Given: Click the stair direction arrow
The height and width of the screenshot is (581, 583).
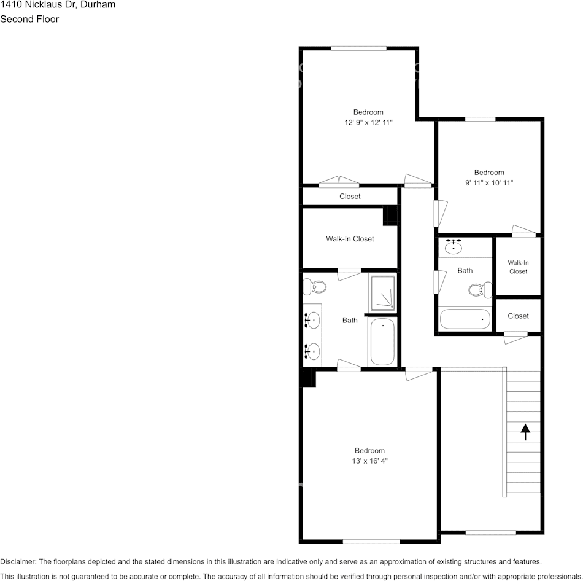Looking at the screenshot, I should [525, 432].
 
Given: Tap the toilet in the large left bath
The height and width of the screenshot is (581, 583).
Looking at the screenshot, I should [317, 286].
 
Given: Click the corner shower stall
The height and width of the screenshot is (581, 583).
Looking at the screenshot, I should [383, 292].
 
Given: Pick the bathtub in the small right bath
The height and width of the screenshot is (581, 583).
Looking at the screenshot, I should [465, 319].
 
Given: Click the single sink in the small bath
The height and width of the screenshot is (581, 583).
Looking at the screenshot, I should [454, 247].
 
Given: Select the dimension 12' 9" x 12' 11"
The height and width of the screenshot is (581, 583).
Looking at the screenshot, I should [368, 122].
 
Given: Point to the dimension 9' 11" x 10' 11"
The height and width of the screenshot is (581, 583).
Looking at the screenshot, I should [489, 182].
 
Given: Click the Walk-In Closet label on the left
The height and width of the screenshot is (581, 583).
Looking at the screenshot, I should [350, 239].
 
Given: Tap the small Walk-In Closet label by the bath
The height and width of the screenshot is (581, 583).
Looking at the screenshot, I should [518, 267].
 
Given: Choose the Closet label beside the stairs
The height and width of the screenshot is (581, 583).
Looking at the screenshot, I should [518, 316].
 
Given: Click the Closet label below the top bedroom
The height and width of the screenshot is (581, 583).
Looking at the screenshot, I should [350, 197].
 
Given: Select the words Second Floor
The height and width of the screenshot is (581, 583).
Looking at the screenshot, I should [29, 19].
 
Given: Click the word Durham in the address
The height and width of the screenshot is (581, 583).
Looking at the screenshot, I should [98, 4].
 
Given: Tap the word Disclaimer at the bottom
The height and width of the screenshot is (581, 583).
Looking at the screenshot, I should [17, 561].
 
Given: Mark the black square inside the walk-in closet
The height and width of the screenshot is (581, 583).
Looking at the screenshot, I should [390, 216].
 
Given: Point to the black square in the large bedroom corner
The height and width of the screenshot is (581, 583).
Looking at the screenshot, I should [308, 378].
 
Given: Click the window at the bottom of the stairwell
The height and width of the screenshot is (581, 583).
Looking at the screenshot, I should [490, 532].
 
